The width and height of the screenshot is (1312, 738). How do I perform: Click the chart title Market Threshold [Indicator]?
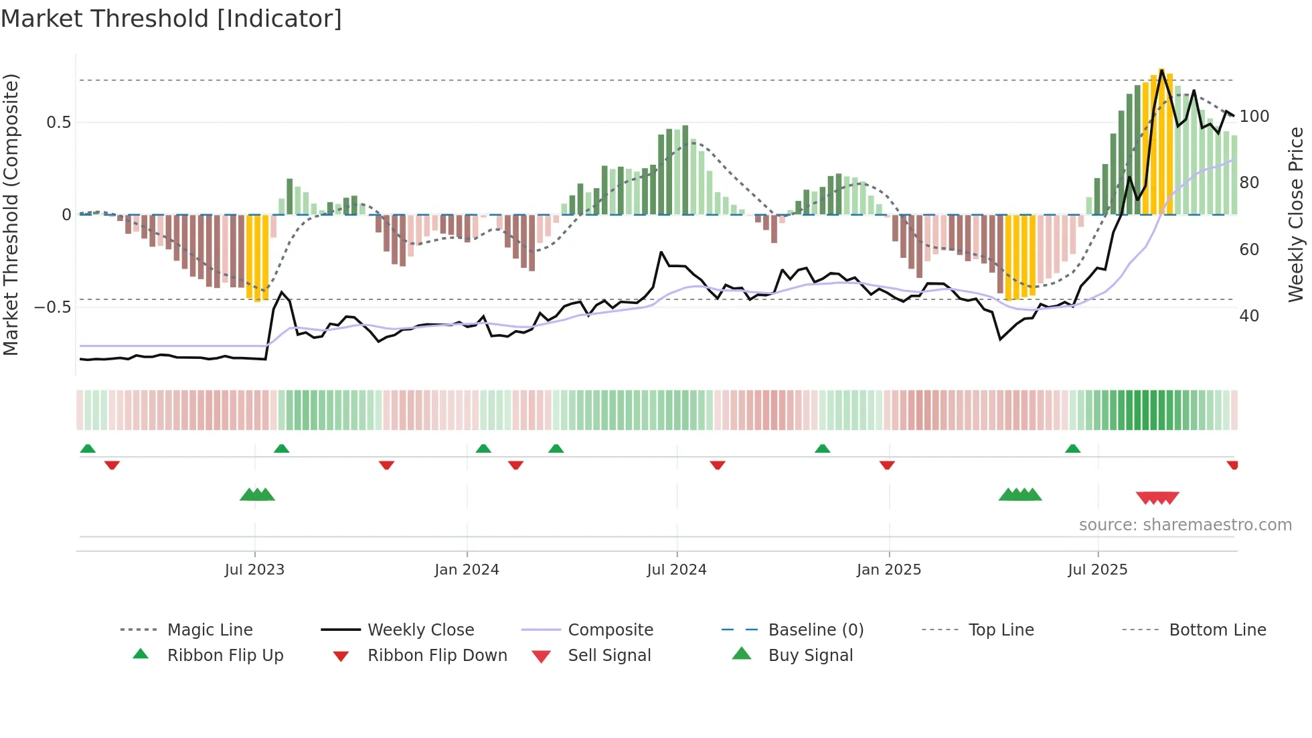(x=171, y=19)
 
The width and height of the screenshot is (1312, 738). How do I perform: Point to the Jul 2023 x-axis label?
(x=254, y=570)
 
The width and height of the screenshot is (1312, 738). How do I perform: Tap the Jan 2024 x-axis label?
(x=467, y=570)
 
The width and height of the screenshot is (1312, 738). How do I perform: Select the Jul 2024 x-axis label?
(x=676, y=570)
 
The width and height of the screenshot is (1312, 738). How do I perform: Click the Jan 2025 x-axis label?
(x=888, y=570)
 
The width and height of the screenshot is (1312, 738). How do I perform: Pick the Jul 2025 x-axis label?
(x=1097, y=570)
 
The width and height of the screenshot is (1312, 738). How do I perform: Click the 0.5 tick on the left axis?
(x=58, y=123)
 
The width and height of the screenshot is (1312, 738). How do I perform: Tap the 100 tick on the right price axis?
(x=1254, y=117)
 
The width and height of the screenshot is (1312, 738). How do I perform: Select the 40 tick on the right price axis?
(x=1249, y=316)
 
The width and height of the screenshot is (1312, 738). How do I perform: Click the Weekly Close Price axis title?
(x=1296, y=214)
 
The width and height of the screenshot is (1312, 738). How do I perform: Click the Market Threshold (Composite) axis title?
(x=11, y=214)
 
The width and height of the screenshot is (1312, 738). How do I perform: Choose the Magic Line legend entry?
(x=210, y=630)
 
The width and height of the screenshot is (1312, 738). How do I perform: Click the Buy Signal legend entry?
(x=810, y=656)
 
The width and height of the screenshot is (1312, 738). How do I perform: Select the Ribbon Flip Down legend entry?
(x=436, y=656)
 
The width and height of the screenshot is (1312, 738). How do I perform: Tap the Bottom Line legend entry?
(x=1217, y=630)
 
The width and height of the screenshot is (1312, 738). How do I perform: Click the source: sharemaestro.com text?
(x=1185, y=525)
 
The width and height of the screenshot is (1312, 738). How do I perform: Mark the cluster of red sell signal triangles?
(x=1157, y=498)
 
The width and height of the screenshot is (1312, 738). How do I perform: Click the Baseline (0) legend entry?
(x=815, y=630)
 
